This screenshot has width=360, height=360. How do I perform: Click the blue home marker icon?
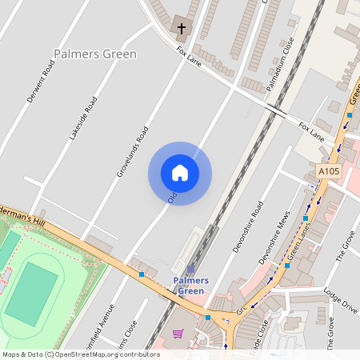coord(180,173)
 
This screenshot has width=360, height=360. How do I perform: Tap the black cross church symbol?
coord(181,30)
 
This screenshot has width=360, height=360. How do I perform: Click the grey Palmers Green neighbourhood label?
coord(95,54)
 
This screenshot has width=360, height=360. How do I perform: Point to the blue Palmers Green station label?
coord(191,286)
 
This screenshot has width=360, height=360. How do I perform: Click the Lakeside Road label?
coord(83,118)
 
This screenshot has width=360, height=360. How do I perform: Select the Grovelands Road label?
coord(132,150)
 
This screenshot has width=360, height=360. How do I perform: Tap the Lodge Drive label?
coord(341,301)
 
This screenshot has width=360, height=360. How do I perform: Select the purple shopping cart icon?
coord(178,334)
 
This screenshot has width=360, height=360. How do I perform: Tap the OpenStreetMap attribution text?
coord(81,354)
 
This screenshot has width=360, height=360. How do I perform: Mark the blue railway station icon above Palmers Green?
coord(191,270)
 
